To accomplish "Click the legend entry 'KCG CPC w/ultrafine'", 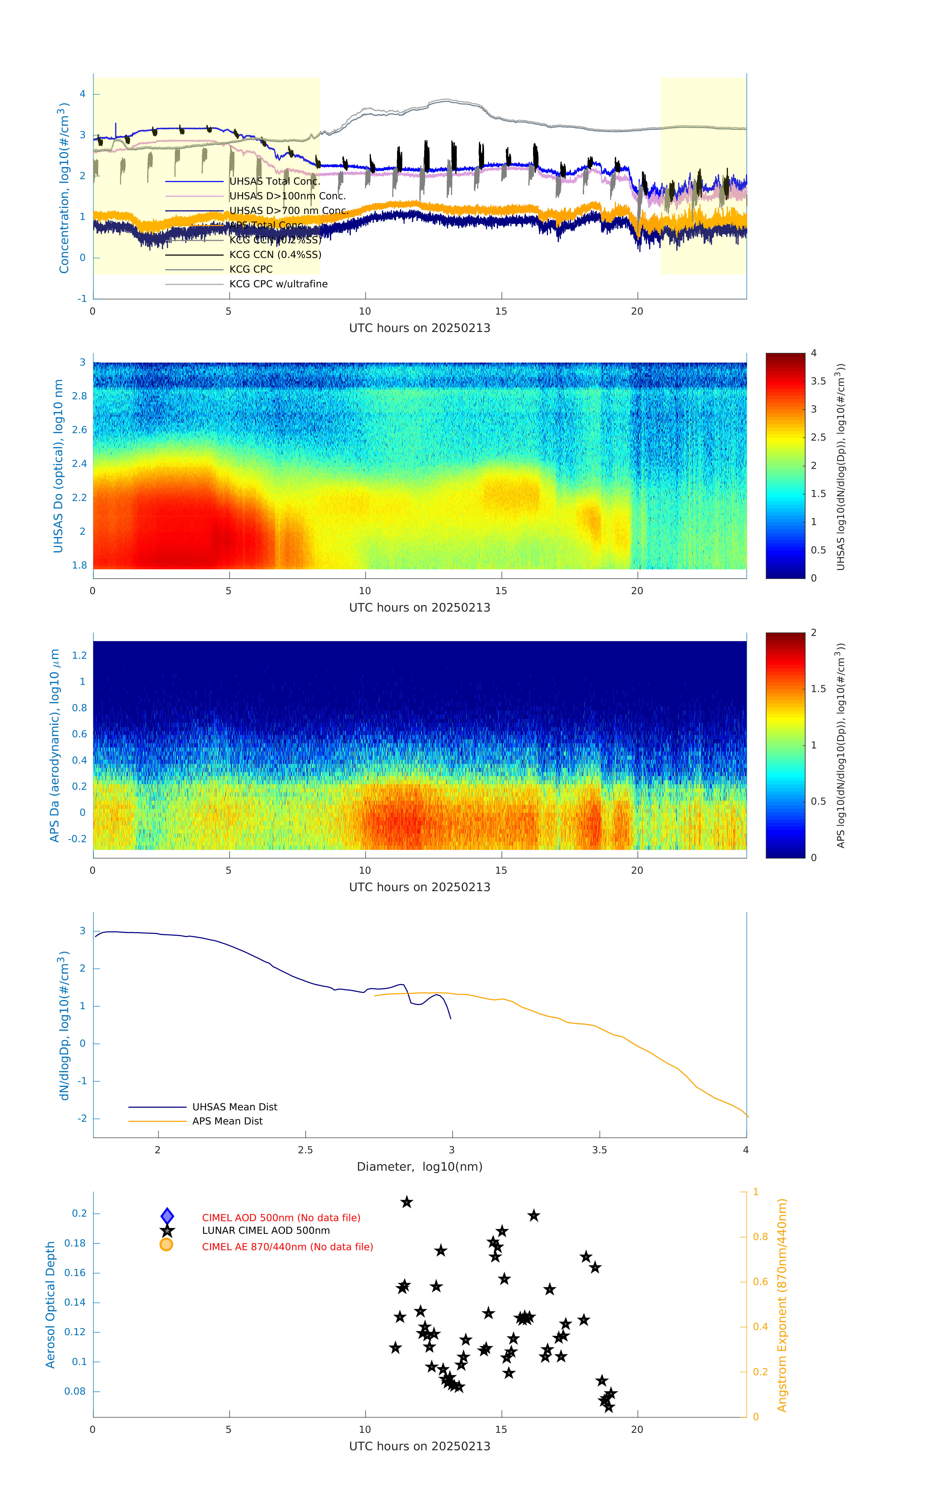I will tap(278, 284).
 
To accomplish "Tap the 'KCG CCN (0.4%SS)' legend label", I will tap(275, 255).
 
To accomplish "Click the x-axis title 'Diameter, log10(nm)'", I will tap(419, 1166).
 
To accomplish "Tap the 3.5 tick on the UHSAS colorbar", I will tap(818, 381).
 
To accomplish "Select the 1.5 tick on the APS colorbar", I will tap(818, 689).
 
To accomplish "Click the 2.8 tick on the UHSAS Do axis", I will tap(79, 396).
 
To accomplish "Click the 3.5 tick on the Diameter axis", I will tap(599, 1150).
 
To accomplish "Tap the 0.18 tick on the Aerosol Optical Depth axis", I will tap(75, 1243).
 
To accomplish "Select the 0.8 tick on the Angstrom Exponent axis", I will tap(760, 1237).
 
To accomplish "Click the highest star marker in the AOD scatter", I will tap(407, 1202).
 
